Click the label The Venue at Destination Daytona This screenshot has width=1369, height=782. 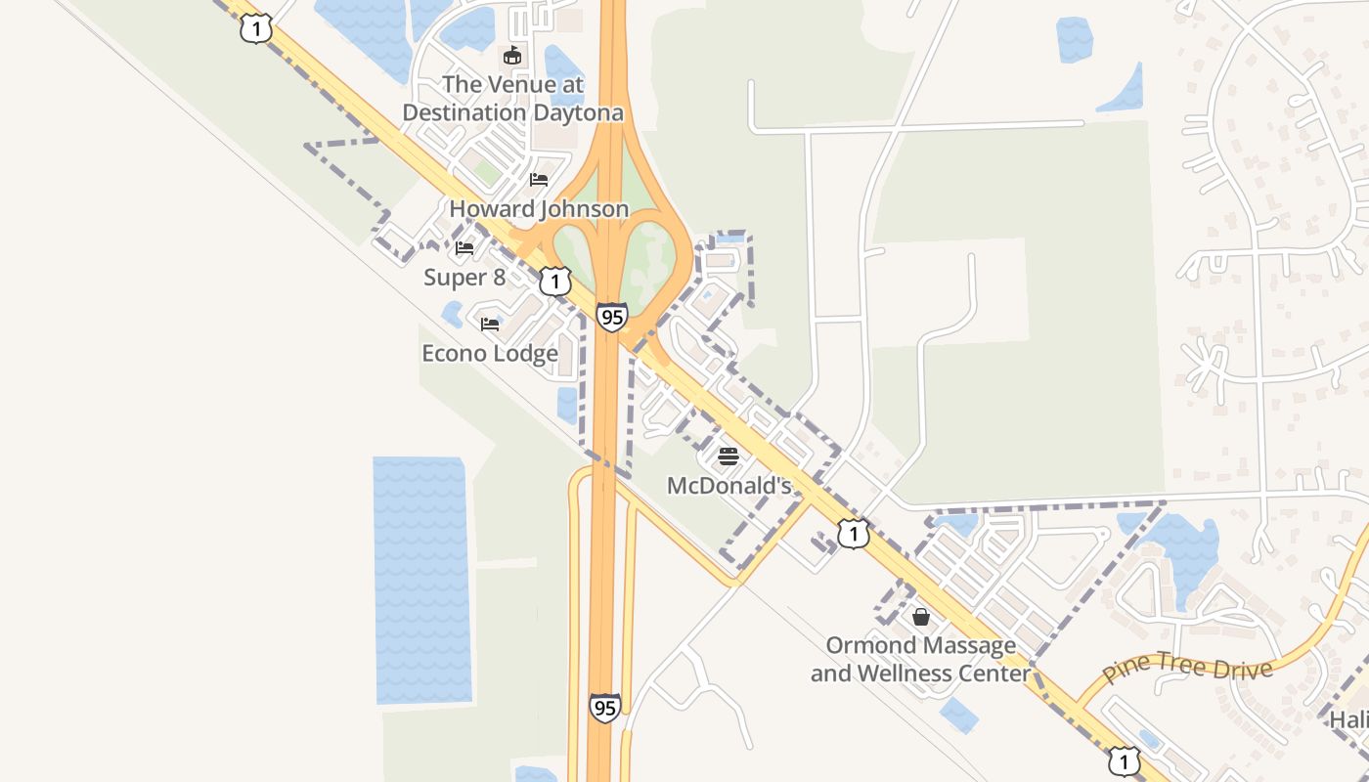coord(512,99)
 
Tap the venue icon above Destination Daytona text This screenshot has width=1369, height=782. coord(512,55)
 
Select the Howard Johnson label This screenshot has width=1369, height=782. coord(539,208)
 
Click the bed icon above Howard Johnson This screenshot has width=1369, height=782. coord(539,180)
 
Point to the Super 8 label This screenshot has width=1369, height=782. coord(464,278)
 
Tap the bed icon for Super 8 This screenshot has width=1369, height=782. coord(464,248)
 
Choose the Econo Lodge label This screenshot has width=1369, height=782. coord(490,353)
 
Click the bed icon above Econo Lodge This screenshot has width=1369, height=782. coord(490,324)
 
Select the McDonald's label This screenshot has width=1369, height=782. coord(729,485)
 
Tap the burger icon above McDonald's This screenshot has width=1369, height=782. coord(729,456)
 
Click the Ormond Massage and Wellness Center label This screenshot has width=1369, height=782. coord(921,660)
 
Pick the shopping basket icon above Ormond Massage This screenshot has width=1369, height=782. coord(921,617)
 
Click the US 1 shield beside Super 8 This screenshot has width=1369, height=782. coord(555,282)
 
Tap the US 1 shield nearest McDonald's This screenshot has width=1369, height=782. coord(854,534)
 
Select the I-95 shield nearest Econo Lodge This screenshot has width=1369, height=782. coord(612,317)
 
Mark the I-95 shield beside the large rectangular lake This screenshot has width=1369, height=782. coord(604,707)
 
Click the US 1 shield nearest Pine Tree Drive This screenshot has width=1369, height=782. coord(1125,760)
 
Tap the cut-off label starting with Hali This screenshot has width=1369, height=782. coord(1348,719)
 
